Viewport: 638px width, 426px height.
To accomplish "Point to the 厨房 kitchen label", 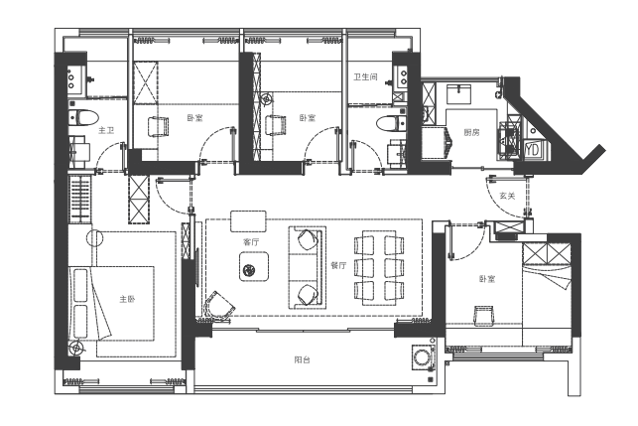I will click(470, 132).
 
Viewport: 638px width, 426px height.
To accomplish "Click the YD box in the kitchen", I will click(532, 150).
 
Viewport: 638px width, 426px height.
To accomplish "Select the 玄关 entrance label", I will click(507, 197).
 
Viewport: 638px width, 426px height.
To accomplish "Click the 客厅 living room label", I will click(250, 241).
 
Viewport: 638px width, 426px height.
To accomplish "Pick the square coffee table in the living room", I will click(254, 265).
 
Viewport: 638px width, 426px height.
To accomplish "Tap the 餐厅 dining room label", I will click(337, 265).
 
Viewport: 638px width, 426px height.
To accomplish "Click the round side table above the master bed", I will click(95, 238).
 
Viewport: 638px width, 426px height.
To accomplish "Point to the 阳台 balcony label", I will click(302, 358).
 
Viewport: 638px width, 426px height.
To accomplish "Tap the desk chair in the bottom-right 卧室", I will click(483, 315).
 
